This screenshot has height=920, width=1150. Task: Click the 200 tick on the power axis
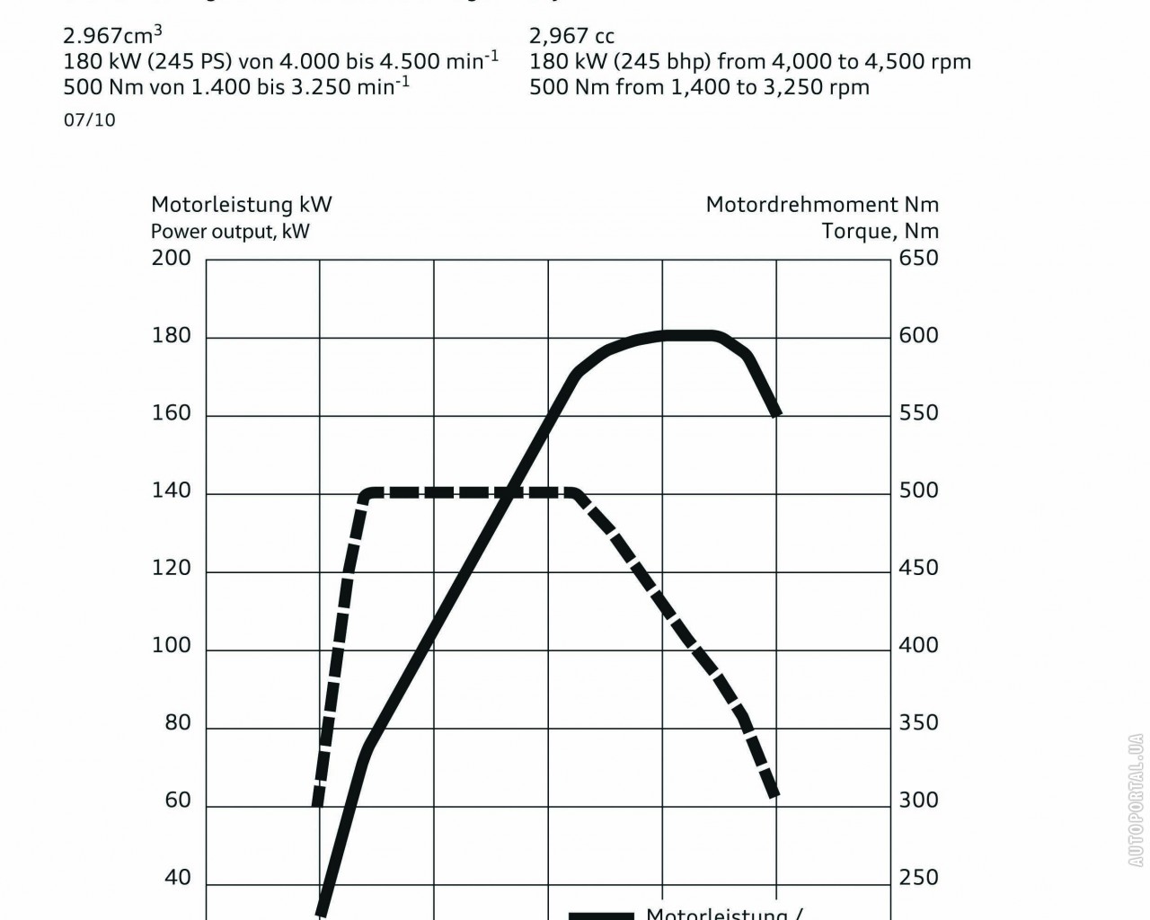(x=171, y=258)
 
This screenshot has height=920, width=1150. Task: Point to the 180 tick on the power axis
(x=171, y=336)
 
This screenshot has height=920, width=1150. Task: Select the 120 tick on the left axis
(x=171, y=568)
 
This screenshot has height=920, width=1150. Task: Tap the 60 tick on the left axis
(x=178, y=801)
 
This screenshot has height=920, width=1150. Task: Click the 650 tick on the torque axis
(x=918, y=258)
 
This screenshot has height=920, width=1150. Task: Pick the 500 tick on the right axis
(x=918, y=491)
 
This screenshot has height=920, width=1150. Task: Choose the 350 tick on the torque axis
(x=918, y=723)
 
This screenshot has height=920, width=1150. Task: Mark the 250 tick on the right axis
(x=918, y=878)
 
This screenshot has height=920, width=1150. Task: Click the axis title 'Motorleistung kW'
(x=241, y=205)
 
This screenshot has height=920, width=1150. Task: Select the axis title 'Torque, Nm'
(x=880, y=231)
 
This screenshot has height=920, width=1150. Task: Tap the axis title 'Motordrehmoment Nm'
(x=821, y=205)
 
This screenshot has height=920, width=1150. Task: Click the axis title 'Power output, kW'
(x=230, y=231)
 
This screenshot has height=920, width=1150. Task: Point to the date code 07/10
(x=89, y=120)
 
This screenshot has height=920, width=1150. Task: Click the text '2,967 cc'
(x=571, y=36)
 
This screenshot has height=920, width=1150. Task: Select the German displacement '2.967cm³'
(x=112, y=36)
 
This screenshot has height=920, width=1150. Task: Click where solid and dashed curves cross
(x=509, y=491)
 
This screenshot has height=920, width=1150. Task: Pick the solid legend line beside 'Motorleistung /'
(x=601, y=916)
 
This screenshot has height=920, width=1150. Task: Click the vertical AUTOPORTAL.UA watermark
(x=1137, y=801)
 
